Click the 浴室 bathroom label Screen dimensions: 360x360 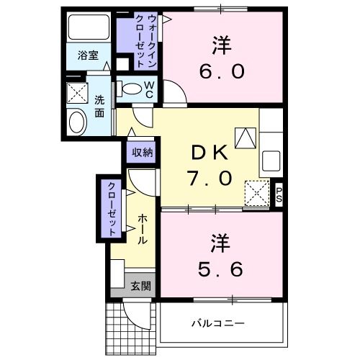tap(89, 56)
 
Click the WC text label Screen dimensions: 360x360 tap(150, 89)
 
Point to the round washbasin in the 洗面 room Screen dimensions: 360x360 tap(76, 122)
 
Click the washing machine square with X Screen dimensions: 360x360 tap(76, 94)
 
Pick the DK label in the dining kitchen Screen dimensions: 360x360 tap(210, 153)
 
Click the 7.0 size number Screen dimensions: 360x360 tap(210, 177)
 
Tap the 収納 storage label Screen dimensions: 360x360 tap(142, 152)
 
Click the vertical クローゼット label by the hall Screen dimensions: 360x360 tap(112, 209)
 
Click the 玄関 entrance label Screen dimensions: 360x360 tap(141, 285)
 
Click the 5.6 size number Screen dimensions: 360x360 tap(220, 268)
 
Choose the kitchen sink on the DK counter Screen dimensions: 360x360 tap(272, 159)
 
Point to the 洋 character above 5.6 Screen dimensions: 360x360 tap(220, 242)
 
